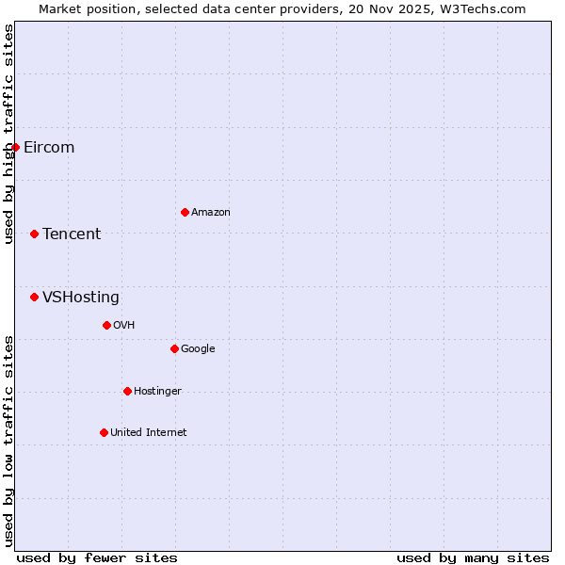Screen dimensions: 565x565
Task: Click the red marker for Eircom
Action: click(15, 147)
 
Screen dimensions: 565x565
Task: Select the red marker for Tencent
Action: click(34, 234)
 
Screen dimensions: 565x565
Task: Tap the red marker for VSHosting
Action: click(34, 297)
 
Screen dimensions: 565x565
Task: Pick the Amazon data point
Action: click(185, 212)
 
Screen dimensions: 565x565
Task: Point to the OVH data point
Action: click(106, 325)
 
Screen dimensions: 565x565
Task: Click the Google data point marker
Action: click(174, 348)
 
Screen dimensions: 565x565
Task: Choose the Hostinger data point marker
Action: click(127, 391)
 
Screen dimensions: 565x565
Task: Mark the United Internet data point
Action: click(104, 432)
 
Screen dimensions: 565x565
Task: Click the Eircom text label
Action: click(49, 148)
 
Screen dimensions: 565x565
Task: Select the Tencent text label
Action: click(72, 234)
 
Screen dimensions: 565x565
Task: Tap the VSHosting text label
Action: click(81, 298)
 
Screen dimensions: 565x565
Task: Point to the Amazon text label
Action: click(211, 213)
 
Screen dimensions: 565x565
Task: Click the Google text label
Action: click(198, 349)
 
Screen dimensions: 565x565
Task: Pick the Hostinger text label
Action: click(157, 392)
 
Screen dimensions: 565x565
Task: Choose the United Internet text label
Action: click(149, 433)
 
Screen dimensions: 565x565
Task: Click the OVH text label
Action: click(124, 326)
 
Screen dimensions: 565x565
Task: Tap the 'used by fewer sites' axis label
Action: click(97, 557)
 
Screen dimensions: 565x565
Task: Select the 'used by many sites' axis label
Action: click(473, 557)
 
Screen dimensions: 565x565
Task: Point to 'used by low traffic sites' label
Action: click(9, 440)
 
